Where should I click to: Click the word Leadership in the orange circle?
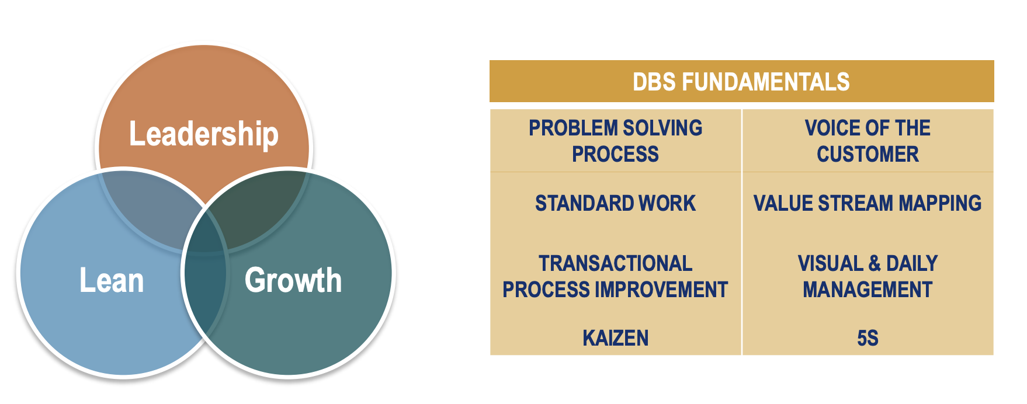[x=203, y=134]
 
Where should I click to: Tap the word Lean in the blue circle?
[x=112, y=280]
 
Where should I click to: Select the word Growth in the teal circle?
[x=293, y=280]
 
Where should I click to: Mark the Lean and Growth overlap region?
[x=205, y=286]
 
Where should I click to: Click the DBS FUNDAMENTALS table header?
[x=741, y=82]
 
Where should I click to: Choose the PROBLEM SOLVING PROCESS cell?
[x=615, y=141]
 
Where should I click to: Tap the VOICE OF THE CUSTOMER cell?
[x=868, y=141]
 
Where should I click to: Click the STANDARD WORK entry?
[x=615, y=203]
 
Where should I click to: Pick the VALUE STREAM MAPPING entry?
[x=868, y=203]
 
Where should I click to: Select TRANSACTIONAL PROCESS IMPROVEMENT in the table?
[x=615, y=276]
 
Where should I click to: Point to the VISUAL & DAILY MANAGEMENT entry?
[x=868, y=276]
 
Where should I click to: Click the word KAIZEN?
[x=615, y=338]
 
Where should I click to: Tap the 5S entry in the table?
[x=868, y=338]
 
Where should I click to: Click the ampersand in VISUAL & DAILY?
[x=875, y=263]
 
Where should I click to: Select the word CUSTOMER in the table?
[x=868, y=154]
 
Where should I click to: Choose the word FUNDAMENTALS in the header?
[x=765, y=82]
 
